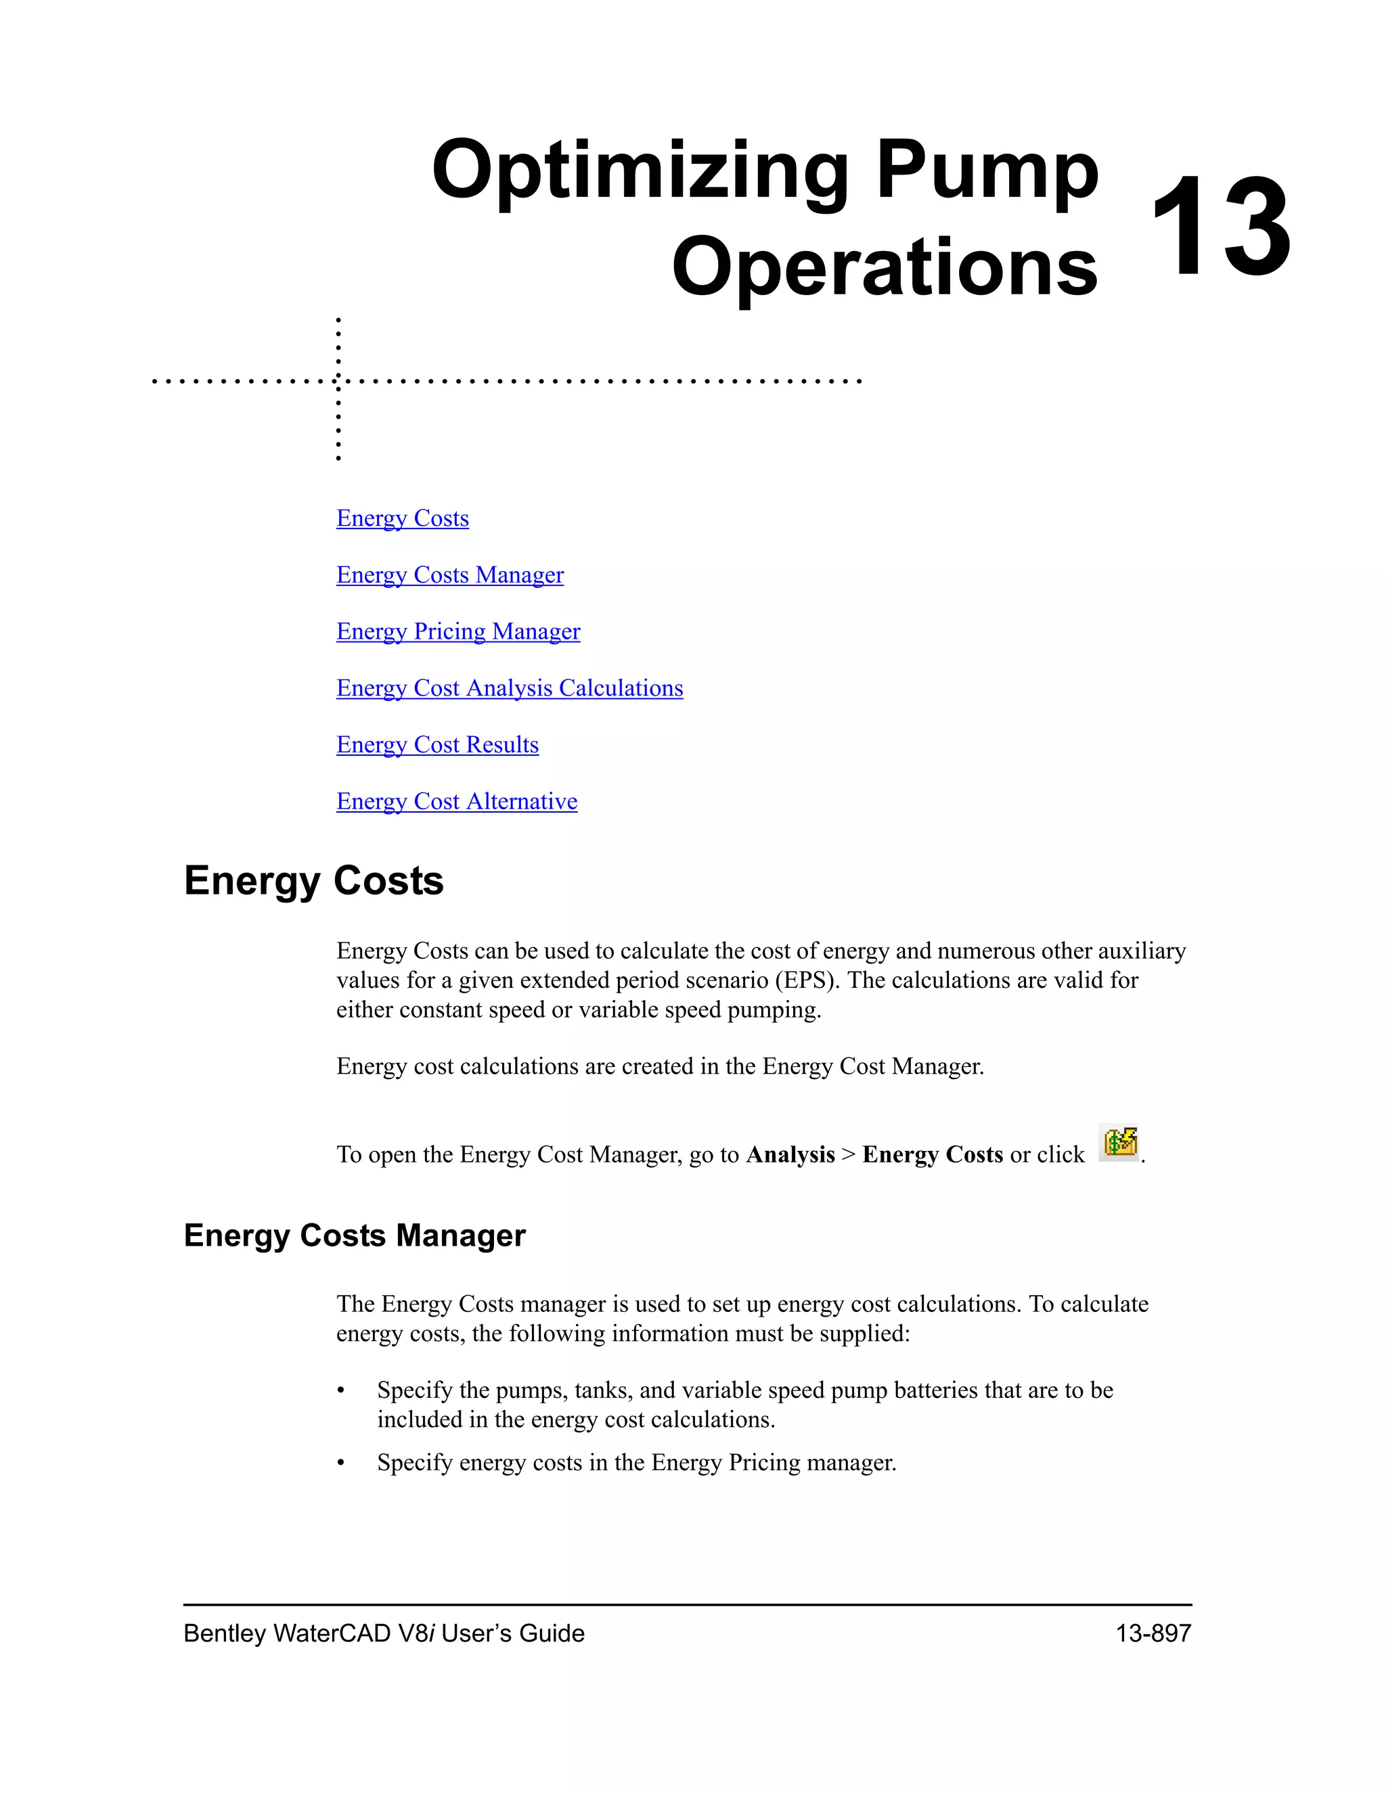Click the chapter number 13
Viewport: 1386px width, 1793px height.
point(1221,227)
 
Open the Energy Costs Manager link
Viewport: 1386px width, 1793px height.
point(450,574)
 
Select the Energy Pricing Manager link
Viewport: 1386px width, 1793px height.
point(458,631)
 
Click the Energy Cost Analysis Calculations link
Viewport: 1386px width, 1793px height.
point(509,688)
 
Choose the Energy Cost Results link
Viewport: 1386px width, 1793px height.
point(438,745)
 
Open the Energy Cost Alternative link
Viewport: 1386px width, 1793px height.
point(457,801)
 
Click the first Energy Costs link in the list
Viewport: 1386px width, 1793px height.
point(403,518)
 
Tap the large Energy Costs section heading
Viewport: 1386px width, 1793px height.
point(313,881)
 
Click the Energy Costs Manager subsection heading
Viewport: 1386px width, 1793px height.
point(354,1235)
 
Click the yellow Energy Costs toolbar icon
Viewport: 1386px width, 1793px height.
point(1120,1142)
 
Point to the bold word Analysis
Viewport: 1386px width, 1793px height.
point(790,1155)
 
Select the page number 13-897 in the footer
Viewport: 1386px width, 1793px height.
point(1153,1633)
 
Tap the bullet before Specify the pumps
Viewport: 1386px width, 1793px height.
point(341,1390)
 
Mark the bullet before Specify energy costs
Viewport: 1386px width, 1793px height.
point(341,1463)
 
